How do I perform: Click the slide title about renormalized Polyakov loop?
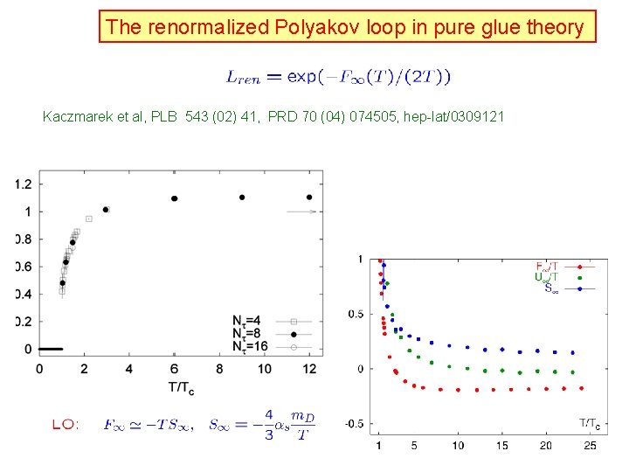pos(345,27)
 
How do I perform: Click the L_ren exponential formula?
pos(339,77)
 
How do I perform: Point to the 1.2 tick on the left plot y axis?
pos(24,184)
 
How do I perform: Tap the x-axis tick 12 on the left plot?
pos(309,369)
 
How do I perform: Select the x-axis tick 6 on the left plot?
pos(175,369)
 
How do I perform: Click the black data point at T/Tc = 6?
pos(175,198)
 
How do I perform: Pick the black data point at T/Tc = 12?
pos(309,197)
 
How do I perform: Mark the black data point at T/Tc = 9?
pos(242,197)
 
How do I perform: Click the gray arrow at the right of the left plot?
pos(301,211)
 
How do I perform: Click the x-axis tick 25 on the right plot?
pos(591,446)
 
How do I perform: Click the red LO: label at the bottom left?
pos(66,425)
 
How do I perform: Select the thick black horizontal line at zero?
pos(51,349)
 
